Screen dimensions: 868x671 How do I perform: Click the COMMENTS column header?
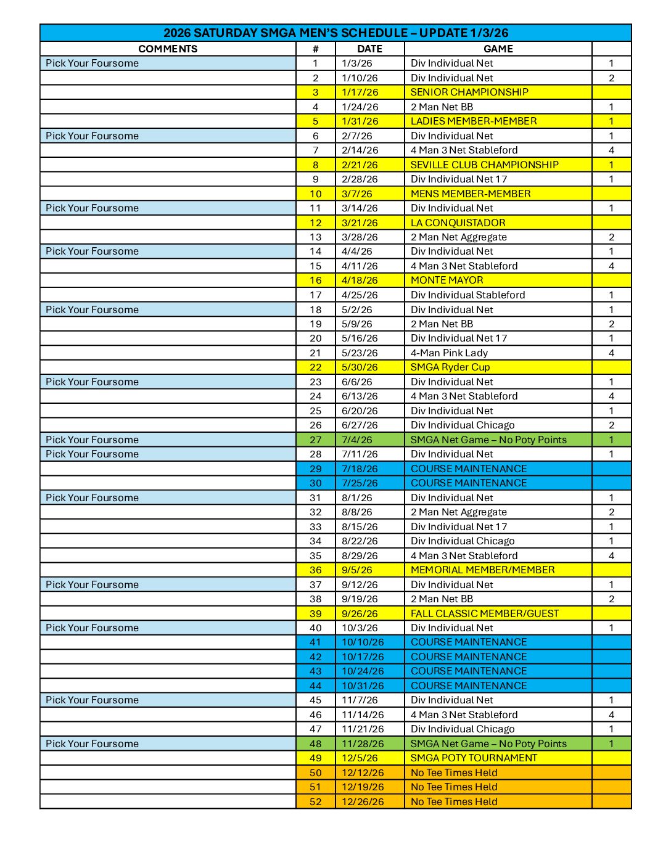pyautogui.click(x=168, y=49)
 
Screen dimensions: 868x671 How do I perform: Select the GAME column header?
pyautogui.click(x=498, y=49)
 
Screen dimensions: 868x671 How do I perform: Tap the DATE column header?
pyautogui.click(x=369, y=49)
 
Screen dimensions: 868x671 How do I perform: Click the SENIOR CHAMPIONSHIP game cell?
pyautogui.click(x=469, y=92)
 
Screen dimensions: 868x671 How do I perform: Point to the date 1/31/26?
pyautogui.click(x=360, y=121)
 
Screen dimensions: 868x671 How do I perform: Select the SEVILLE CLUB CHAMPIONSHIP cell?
pyautogui.click(x=484, y=165)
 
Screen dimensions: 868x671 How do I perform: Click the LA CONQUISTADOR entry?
pyautogui.click(x=458, y=223)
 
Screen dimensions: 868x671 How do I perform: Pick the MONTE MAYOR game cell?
pyautogui.click(x=447, y=280)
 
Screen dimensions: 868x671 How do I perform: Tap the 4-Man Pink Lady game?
pyautogui.click(x=449, y=353)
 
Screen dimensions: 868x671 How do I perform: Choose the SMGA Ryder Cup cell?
pyautogui.click(x=450, y=367)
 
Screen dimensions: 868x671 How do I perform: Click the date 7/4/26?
pyautogui.click(x=357, y=440)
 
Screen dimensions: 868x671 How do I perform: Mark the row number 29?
pyautogui.click(x=316, y=469)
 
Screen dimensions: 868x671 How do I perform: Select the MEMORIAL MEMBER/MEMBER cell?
pyautogui.click(x=482, y=570)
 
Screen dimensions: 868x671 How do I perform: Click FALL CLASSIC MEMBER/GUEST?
pyautogui.click(x=484, y=613)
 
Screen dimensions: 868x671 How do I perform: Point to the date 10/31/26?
pyautogui.click(x=363, y=686)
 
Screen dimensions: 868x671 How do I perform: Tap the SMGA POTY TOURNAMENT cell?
pyautogui.click(x=474, y=758)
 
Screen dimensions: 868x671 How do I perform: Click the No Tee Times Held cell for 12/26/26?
pyautogui.click(x=454, y=801)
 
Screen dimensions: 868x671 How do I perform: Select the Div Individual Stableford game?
pyautogui.click(x=467, y=295)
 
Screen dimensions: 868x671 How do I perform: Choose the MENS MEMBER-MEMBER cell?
pyautogui.click(x=471, y=194)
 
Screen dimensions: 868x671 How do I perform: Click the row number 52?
pyautogui.click(x=316, y=801)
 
